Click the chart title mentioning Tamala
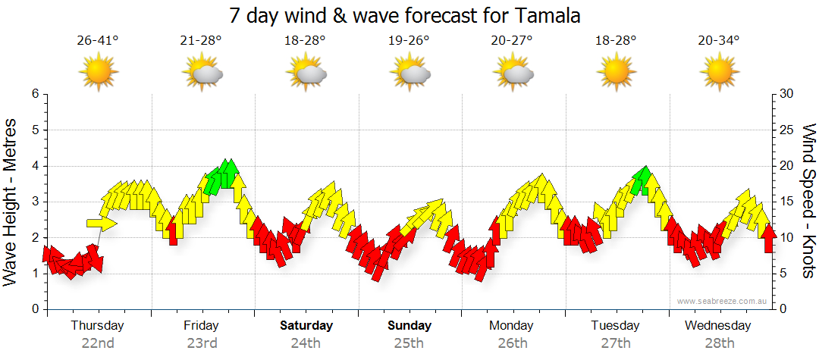tap(409, 15)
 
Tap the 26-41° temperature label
tap(98, 41)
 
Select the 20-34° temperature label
tap(718, 41)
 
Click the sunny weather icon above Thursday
tap(99, 73)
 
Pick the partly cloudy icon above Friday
tap(202, 73)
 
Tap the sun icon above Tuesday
tap(616, 73)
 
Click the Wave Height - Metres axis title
tap(12, 202)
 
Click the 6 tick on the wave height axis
tap(34, 94)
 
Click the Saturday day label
tap(306, 326)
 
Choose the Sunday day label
tap(409, 326)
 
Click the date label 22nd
tap(98, 343)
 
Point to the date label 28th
tap(718, 343)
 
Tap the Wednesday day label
tap(717, 326)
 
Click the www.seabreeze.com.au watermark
tap(723, 301)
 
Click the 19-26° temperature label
tap(409, 41)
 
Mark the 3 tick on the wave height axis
tap(34, 202)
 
